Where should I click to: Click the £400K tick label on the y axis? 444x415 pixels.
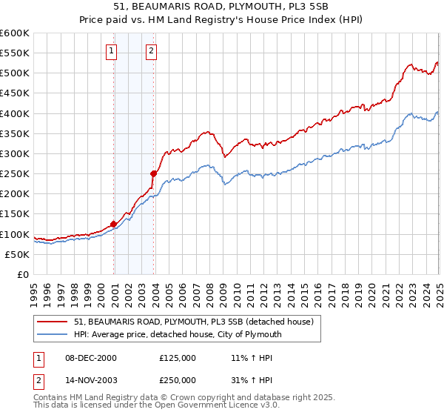pyautogui.click(x=15, y=113)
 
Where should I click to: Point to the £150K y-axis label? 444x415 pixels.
pyautogui.click(x=15, y=214)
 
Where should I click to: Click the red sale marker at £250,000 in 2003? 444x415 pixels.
pyautogui.click(x=154, y=173)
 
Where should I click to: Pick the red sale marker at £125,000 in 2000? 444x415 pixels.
pyautogui.click(x=114, y=224)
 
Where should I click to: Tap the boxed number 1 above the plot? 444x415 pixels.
pyautogui.click(x=111, y=51)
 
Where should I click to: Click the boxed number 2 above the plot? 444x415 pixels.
pyautogui.click(x=151, y=51)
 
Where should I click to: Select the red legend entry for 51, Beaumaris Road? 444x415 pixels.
pyautogui.click(x=194, y=322)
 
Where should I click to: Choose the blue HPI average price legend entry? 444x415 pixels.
pyautogui.click(x=178, y=334)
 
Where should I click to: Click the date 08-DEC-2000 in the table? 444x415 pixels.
pyautogui.click(x=90, y=357)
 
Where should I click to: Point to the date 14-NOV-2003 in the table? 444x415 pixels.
pyautogui.click(x=90, y=382)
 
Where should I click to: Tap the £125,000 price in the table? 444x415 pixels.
pyautogui.click(x=178, y=357)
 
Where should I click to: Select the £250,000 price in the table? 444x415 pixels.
pyautogui.click(x=178, y=382)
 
